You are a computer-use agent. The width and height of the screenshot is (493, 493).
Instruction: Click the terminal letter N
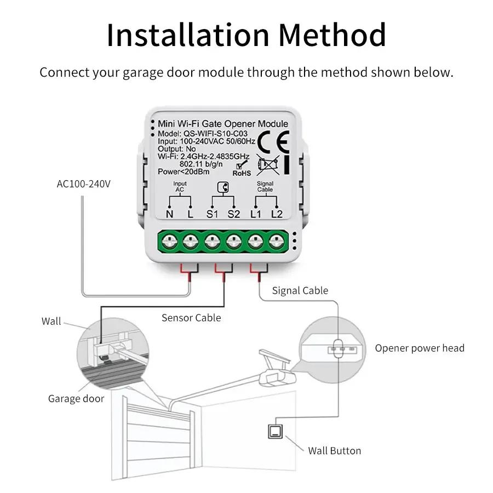point(169,214)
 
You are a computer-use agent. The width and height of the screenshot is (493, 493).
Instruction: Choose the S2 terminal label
point(234,214)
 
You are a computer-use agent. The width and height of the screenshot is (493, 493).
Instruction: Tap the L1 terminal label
point(256,214)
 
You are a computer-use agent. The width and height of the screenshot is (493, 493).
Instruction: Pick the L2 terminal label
point(277,214)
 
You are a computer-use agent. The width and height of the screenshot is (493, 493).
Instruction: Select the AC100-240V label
point(84,184)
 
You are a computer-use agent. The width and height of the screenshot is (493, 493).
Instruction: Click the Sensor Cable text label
point(191,318)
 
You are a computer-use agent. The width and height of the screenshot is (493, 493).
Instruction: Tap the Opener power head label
point(420,348)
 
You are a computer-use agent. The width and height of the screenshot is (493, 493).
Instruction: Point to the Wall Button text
point(334,451)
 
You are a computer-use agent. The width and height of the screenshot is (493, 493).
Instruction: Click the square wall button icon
point(274,431)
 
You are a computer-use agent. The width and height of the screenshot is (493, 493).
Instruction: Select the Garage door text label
point(76,398)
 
